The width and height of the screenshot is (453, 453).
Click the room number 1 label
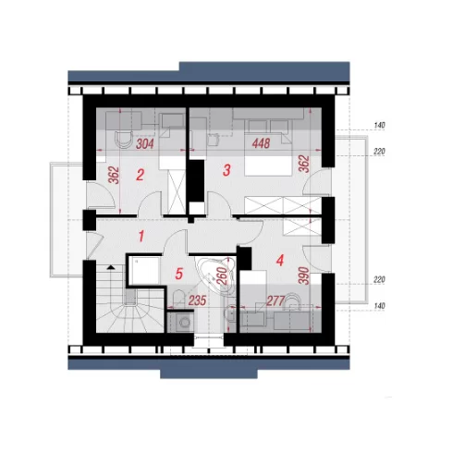(x=141, y=237)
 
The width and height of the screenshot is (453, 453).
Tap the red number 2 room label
(x=140, y=175)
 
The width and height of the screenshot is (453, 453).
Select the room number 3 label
(x=226, y=170)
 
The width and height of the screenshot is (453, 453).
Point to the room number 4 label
(x=279, y=261)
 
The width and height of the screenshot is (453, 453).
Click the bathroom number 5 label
(x=179, y=274)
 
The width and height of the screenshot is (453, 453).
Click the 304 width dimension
(x=145, y=143)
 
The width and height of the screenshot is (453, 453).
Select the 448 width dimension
(x=261, y=143)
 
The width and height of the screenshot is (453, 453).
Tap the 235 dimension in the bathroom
(x=197, y=300)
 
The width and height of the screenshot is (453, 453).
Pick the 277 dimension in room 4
(x=275, y=301)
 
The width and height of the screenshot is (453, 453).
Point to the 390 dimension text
(x=303, y=275)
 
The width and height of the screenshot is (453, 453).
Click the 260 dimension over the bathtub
(x=222, y=275)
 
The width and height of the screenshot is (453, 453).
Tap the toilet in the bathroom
(x=178, y=299)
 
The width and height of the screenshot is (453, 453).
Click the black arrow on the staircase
(x=110, y=267)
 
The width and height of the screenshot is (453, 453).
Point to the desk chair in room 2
(x=123, y=140)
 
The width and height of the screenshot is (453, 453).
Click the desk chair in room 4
(x=291, y=300)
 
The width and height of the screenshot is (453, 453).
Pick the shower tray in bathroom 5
(x=144, y=271)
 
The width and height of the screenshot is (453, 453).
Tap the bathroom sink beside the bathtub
(x=230, y=313)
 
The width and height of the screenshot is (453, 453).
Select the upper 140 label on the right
(x=379, y=126)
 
